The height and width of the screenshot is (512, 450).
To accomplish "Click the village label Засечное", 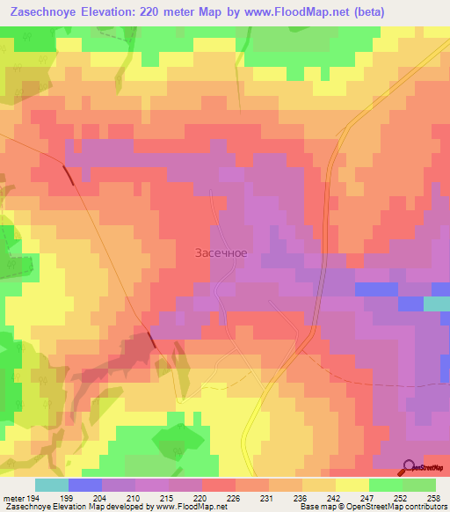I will tap(221, 253).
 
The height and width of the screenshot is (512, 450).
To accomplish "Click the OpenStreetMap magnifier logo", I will tap(410, 466).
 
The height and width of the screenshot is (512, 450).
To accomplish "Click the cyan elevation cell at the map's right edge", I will tap(437, 304).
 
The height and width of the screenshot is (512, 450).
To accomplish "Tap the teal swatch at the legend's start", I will tap(51, 485).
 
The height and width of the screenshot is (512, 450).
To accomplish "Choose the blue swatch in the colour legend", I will tap(84, 485).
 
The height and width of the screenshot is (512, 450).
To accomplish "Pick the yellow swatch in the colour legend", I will tap(352, 485).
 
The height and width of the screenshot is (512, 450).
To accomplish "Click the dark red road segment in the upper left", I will tap(68, 174).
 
